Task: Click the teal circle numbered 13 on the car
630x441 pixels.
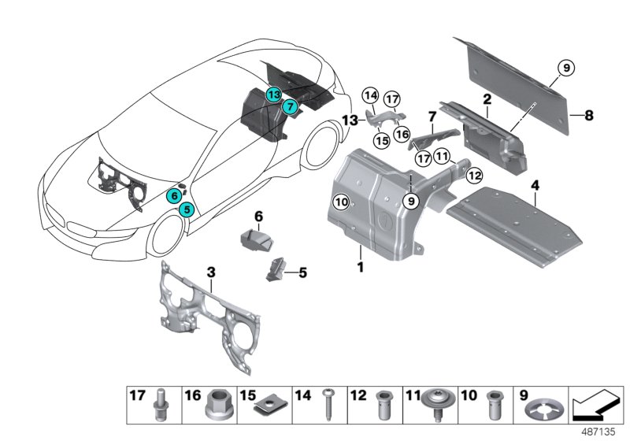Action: pos(272,94)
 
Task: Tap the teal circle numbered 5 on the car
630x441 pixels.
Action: pos(185,209)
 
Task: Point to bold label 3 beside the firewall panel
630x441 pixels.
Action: pos(211,272)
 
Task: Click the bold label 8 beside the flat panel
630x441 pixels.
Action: pos(589,114)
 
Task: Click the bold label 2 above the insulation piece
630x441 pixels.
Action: pos(487,100)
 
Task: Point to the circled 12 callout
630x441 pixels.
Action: pos(473,174)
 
